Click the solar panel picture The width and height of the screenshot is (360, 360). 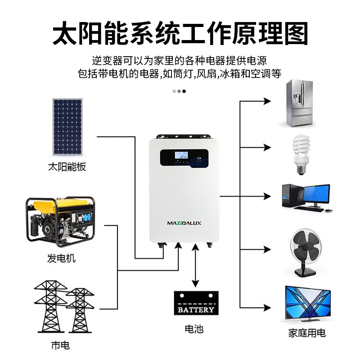pyautogui.click(x=68, y=126)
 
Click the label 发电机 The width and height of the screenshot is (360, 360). pyautogui.click(x=62, y=258)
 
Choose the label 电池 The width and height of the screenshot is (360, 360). pyautogui.click(x=194, y=329)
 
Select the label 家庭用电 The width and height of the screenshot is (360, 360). pyautogui.click(x=307, y=333)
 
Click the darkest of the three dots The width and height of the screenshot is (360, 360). pyautogui.click(x=184, y=91)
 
